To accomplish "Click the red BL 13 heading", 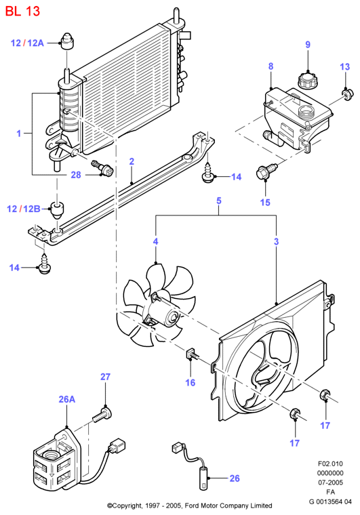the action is coord(22,11).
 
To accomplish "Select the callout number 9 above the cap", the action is coord(308,44).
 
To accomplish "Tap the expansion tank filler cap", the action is coord(308,80).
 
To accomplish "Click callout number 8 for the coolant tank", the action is coord(271,66).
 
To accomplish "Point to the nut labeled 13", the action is coord(347,94).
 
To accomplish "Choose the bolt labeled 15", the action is coord(266,171).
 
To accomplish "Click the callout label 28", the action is coord(76,175).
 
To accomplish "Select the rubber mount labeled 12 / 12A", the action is coord(67,41).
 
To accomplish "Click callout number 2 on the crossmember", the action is coord(132,161).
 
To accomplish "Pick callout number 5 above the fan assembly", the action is coord(219,201).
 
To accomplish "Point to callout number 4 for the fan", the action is coord(155,241).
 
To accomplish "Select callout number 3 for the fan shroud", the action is coord(276,241).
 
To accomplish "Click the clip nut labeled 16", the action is coord(192,354).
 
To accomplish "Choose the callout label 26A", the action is coord(67,399).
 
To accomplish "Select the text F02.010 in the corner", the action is coord(330,464).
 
